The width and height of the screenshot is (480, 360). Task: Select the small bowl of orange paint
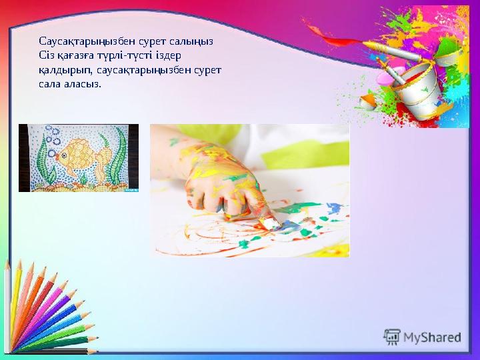click(367, 102)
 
